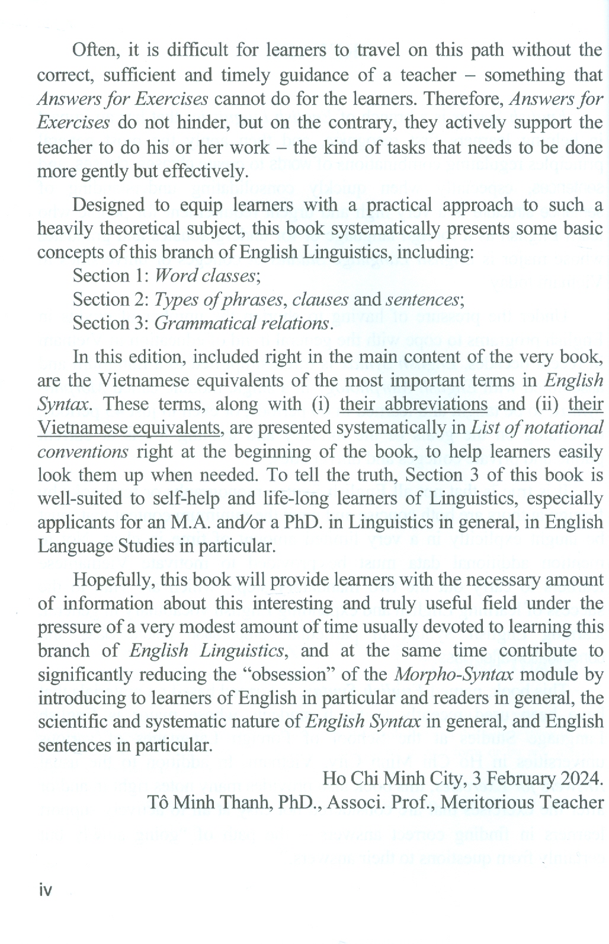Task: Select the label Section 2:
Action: click(x=111, y=299)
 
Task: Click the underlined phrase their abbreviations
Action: click(x=414, y=404)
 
